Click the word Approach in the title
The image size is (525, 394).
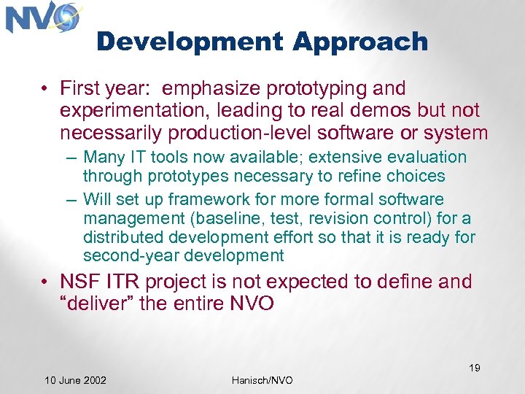360,42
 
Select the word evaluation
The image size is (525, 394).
429,158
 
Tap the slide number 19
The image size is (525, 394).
474,368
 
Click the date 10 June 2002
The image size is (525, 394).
75,380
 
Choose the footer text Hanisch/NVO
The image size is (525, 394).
262,380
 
